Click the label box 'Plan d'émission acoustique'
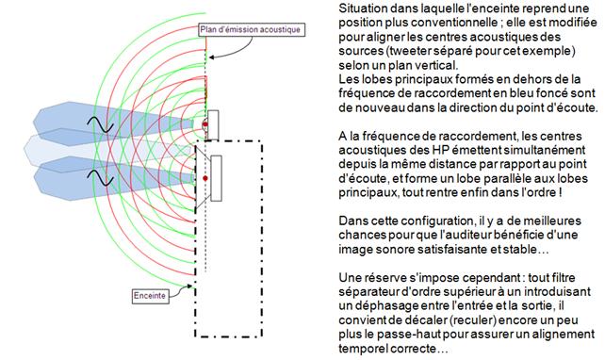coord(252,30)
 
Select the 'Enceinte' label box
coord(150,296)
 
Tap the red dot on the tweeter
coord(205,124)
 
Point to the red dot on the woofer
coord(205,178)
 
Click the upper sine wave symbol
coord(100,124)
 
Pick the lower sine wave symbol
coord(100,178)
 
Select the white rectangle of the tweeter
coord(213,125)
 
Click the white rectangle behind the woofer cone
coord(217,178)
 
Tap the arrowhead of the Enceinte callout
coord(189,286)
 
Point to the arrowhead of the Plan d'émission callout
coord(211,57)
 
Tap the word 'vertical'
coord(434,65)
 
